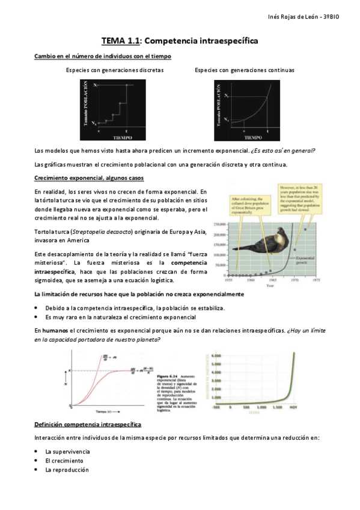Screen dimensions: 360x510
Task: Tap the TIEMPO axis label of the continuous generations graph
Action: (x=244, y=137)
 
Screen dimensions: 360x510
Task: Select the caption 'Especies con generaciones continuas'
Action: (x=244, y=70)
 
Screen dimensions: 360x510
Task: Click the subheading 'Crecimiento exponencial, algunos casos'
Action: (x=88, y=179)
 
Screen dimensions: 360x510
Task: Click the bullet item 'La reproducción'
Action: (x=67, y=470)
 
